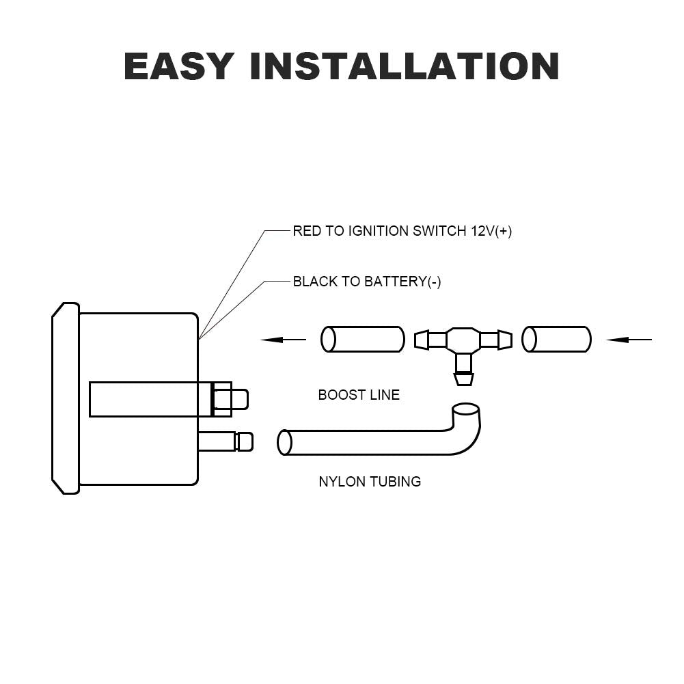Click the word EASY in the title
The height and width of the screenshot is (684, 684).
pyautogui.click(x=179, y=66)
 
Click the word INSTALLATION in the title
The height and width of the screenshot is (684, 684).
pyautogui.click(x=405, y=66)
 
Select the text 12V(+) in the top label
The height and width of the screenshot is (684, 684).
pyautogui.click(x=491, y=231)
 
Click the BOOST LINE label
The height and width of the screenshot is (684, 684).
pyautogui.click(x=359, y=395)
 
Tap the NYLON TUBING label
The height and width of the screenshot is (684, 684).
pyautogui.click(x=370, y=482)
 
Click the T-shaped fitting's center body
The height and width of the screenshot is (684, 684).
pyautogui.click(x=463, y=340)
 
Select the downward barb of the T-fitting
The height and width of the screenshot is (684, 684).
pyautogui.click(x=463, y=377)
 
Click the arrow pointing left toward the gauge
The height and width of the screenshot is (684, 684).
pyautogui.click(x=284, y=339)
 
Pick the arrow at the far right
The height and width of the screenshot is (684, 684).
pyautogui.click(x=629, y=339)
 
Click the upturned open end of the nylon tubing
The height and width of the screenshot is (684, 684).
pyautogui.click(x=465, y=410)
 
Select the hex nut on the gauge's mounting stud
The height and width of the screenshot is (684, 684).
pyautogui.click(x=221, y=399)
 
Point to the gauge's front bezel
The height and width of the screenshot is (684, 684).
pyautogui.click(x=66, y=398)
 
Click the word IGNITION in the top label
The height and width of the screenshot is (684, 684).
pyautogui.click(x=378, y=231)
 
